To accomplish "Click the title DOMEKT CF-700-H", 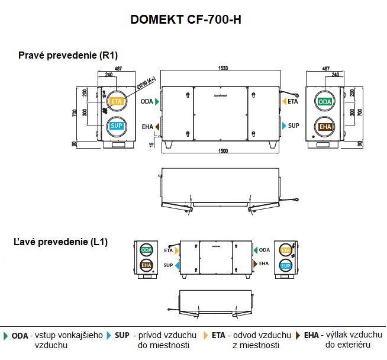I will click(x=185, y=20).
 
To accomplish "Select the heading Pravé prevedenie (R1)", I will click(x=68, y=55).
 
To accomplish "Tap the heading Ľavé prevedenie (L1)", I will click(x=61, y=242).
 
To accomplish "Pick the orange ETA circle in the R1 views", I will click(x=116, y=102).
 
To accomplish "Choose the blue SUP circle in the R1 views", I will click(x=116, y=126).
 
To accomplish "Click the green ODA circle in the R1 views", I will click(x=325, y=102).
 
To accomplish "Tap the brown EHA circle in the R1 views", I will click(x=325, y=127).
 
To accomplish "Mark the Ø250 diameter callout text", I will click(x=146, y=83).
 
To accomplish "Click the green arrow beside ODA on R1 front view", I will click(x=157, y=102).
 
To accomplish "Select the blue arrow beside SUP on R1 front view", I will click(x=284, y=126).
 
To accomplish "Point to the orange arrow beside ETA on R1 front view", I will click(x=284, y=101).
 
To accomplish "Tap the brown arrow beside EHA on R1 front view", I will click(x=157, y=126).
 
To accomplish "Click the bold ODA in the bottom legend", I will click(x=20, y=335).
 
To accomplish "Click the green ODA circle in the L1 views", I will click(x=146, y=251).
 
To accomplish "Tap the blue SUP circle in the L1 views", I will click(x=285, y=266).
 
